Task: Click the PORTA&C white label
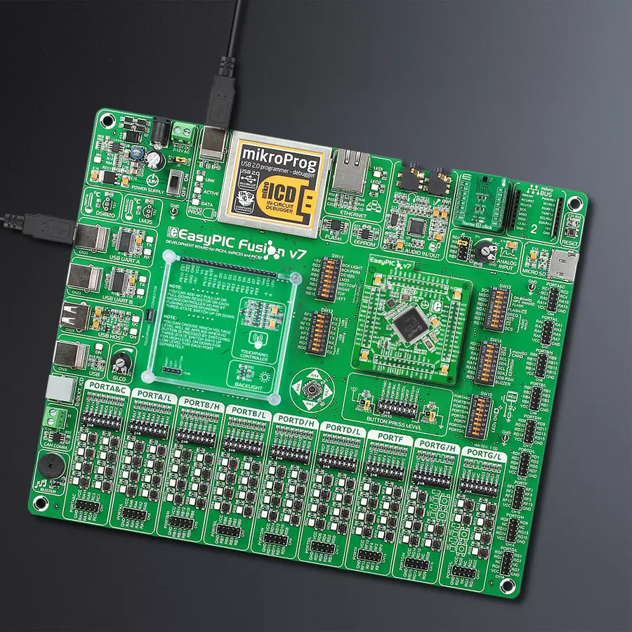pos(104,388)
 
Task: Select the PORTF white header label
pos(389,437)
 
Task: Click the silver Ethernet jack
pos(349,172)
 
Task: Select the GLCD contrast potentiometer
pos(122,362)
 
